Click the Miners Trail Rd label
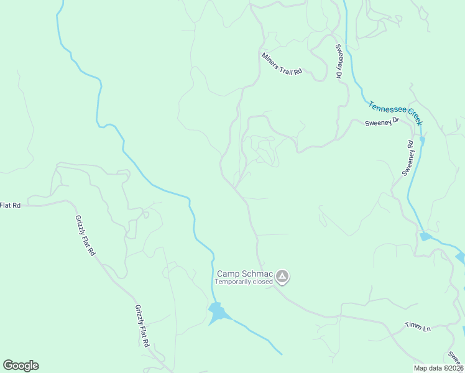tap(282, 64)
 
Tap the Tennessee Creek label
tap(395, 114)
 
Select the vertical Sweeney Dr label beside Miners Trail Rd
tap(339, 62)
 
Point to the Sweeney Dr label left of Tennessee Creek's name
tap(381, 123)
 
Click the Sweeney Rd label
tap(408, 158)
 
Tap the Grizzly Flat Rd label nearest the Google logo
tap(142, 326)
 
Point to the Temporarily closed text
tap(244, 282)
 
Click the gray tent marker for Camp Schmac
tap(282, 277)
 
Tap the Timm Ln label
tap(418, 327)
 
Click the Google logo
tap(21, 366)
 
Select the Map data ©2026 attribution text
tap(438, 368)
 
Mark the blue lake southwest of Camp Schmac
tap(217, 313)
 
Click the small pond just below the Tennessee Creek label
tap(423, 140)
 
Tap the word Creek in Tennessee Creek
tap(412, 116)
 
